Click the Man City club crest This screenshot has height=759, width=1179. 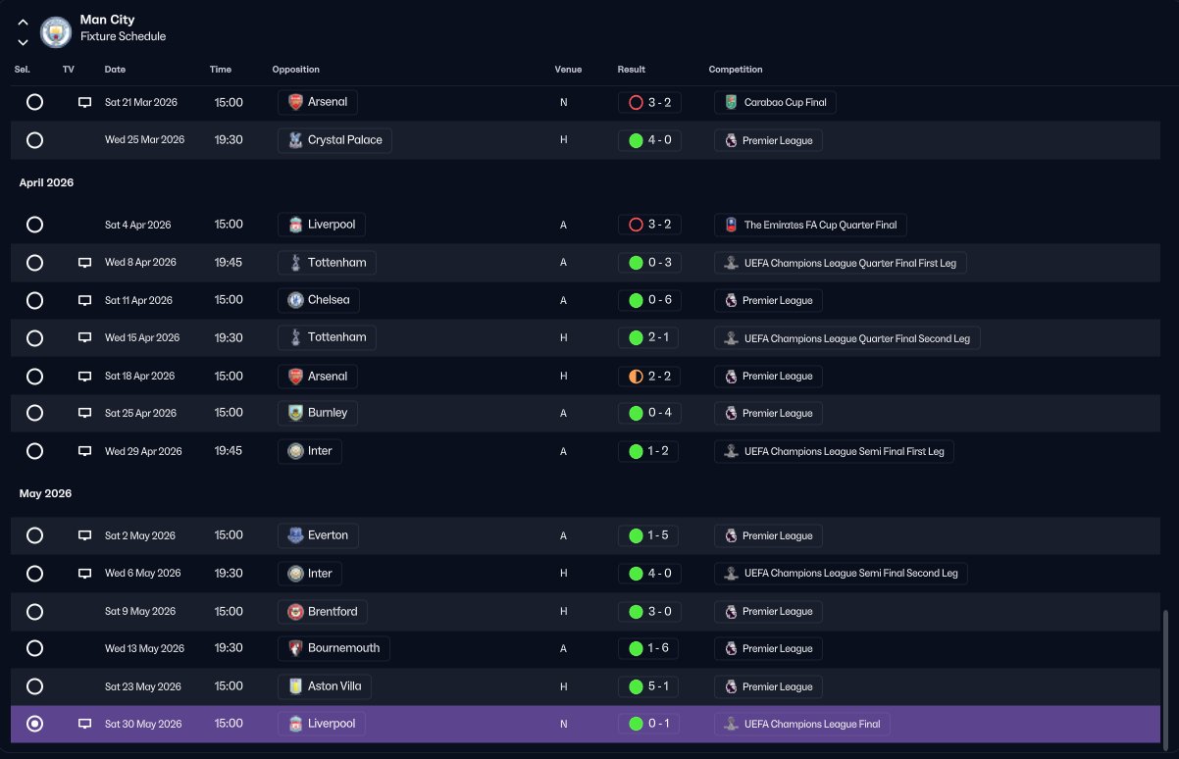(x=56, y=32)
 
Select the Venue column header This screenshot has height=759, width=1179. (x=568, y=70)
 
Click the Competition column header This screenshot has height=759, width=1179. (x=736, y=70)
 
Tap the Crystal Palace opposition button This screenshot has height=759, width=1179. (x=334, y=140)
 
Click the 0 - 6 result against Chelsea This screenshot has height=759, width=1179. (x=649, y=300)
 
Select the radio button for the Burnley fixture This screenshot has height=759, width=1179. (x=34, y=413)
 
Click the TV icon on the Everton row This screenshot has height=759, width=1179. (x=84, y=535)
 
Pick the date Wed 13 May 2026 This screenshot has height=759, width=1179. (x=144, y=648)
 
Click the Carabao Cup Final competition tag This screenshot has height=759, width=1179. (x=775, y=103)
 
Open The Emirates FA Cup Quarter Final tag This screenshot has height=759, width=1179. (x=810, y=225)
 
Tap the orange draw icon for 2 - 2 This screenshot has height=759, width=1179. (x=636, y=377)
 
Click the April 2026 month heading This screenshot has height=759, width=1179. (x=46, y=182)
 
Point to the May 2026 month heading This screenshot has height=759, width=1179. (x=45, y=493)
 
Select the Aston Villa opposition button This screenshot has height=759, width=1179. (x=325, y=686)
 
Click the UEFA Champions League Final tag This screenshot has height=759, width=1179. (x=801, y=725)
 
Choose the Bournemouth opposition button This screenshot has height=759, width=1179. (x=333, y=648)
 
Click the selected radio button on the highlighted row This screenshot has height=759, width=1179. (x=34, y=725)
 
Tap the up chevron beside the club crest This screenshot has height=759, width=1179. (x=23, y=23)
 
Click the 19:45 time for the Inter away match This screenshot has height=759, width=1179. (x=228, y=451)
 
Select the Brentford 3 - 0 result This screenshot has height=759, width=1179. (x=649, y=612)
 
